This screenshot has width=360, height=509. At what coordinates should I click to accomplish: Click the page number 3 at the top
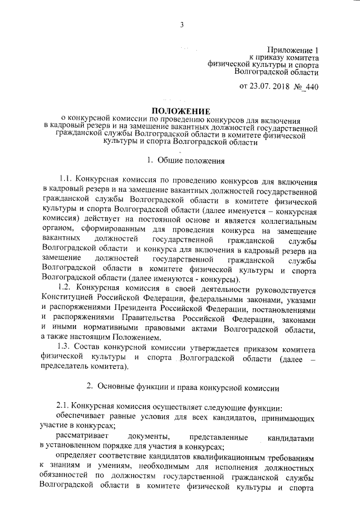182,24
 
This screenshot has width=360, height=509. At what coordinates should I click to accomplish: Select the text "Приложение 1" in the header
294,49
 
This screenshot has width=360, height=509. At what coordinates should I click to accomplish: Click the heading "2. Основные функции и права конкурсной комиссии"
181,386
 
